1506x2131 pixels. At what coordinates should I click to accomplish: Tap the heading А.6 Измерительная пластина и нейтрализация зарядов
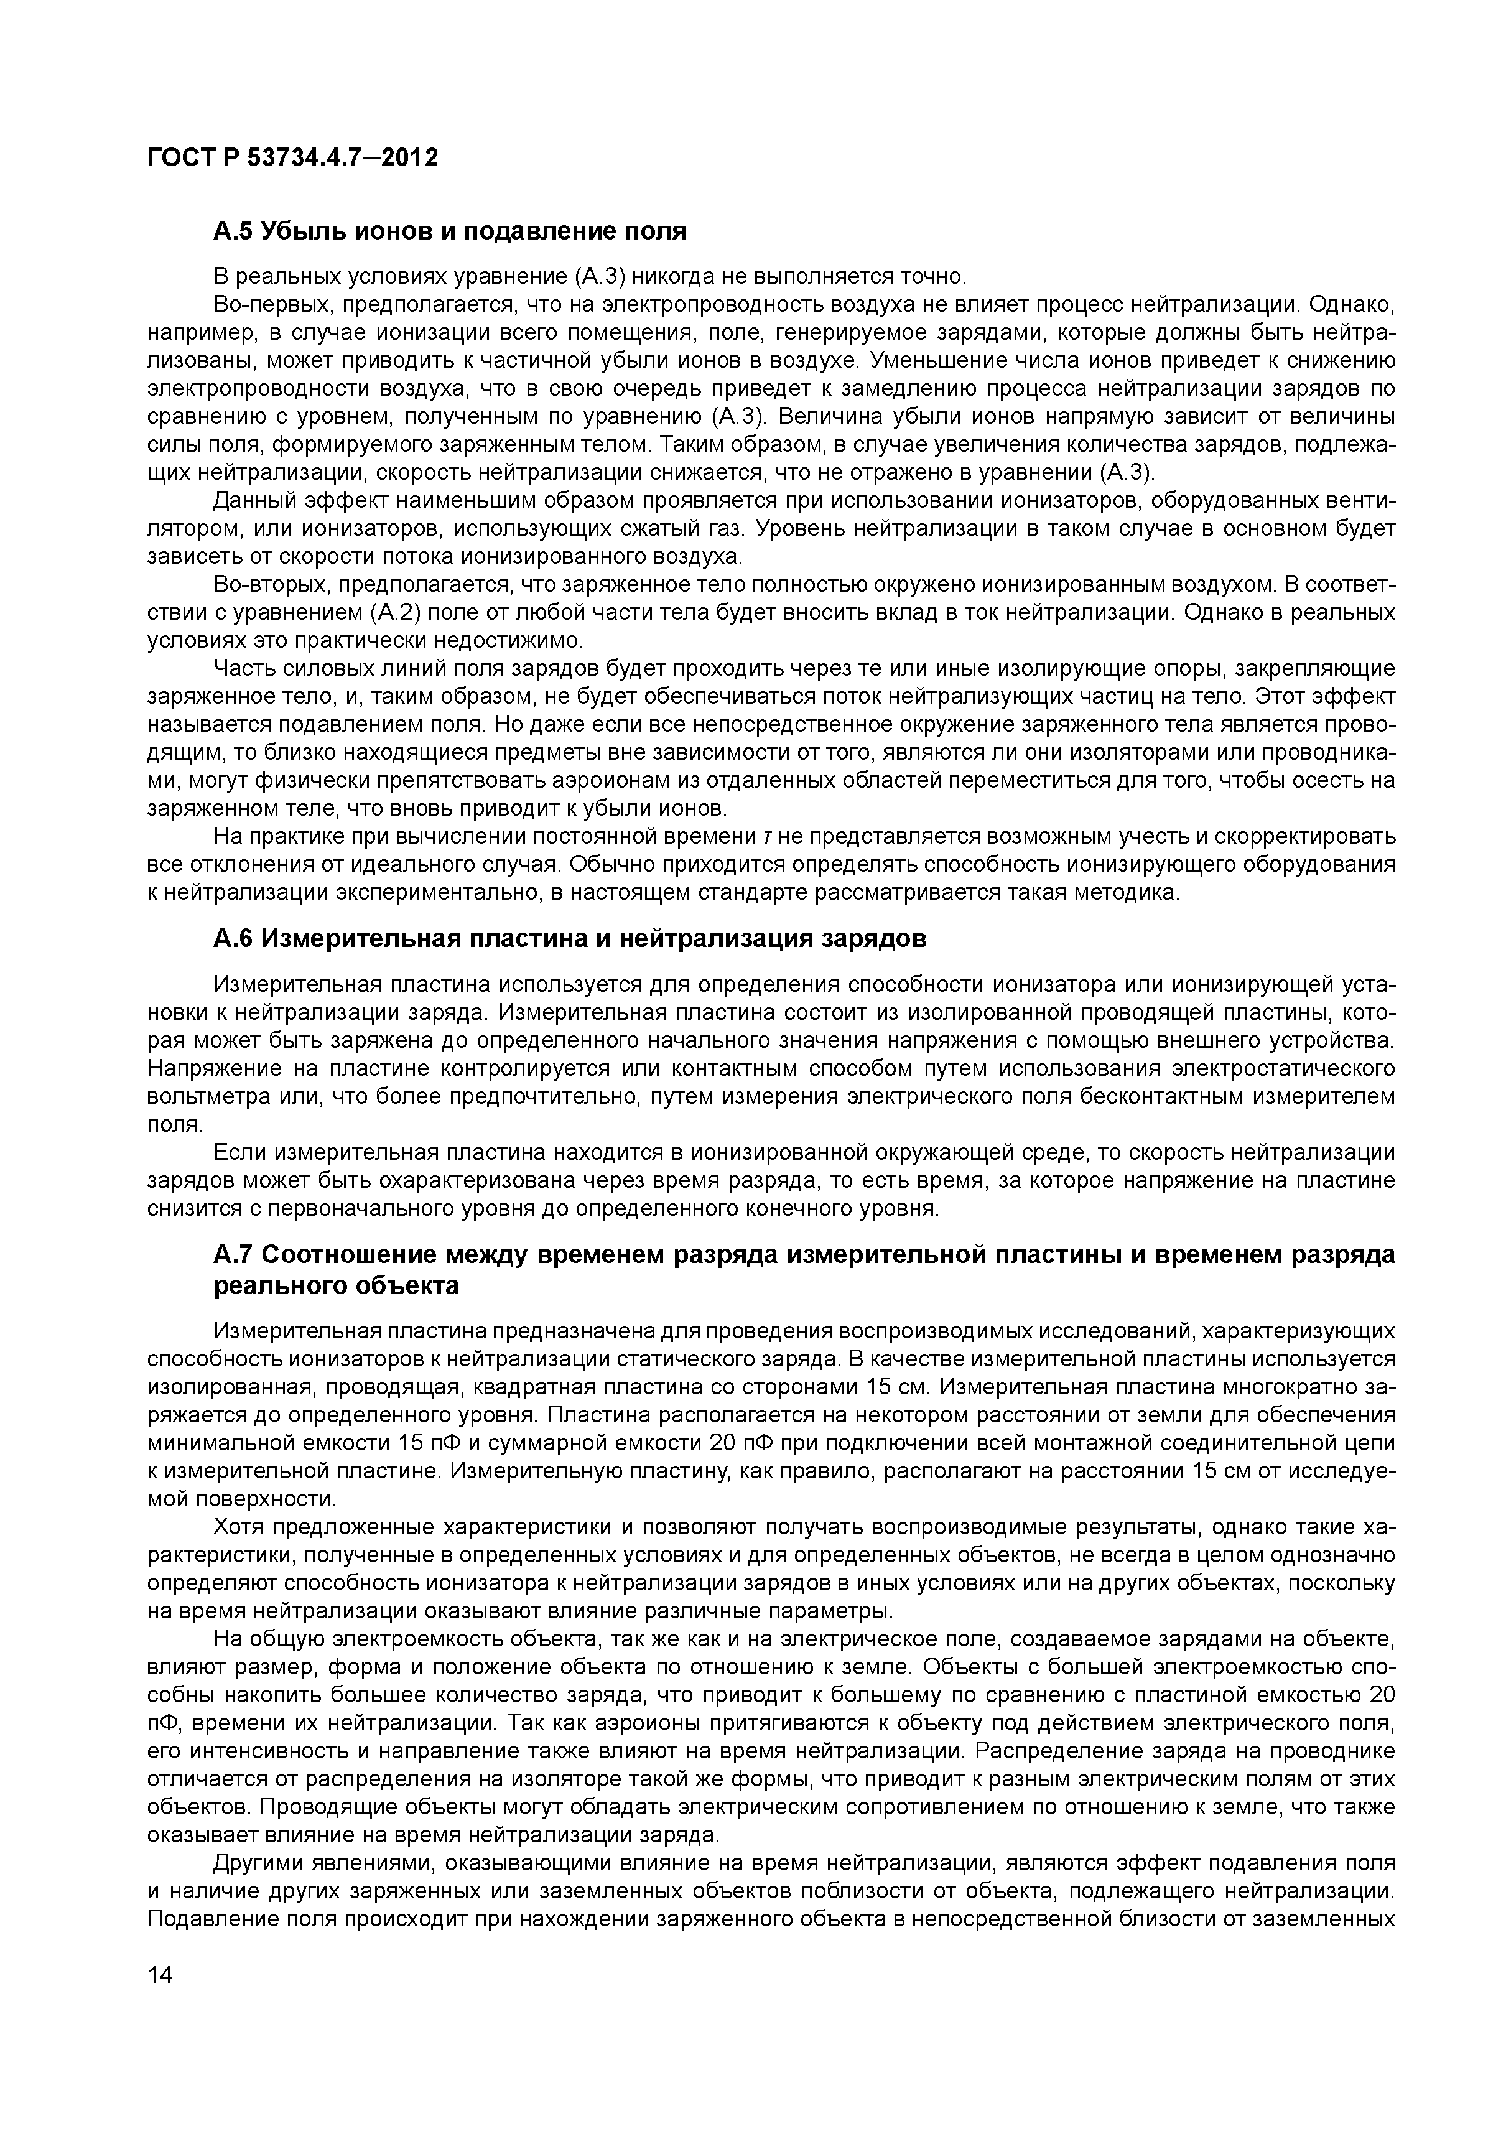click(x=570, y=940)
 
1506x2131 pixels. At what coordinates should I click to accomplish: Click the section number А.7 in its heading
click(x=234, y=1255)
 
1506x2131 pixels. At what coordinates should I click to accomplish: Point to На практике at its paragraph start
click(x=279, y=837)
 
